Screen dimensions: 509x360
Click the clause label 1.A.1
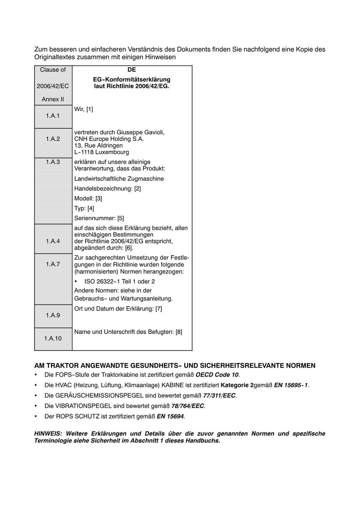pyautogui.click(x=53, y=116)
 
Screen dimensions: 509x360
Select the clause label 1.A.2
pyautogui.click(x=53, y=139)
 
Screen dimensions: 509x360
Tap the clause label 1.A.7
pyautogui.click(x=53, y=264)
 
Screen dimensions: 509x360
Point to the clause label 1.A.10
pyautogui.click(x=53, y=338)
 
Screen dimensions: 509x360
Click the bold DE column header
pyautogui.click(x=131, y=70)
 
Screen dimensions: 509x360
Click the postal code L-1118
pyautogui.click(x=84, y=152)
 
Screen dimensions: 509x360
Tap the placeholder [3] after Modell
pyautogui.click(x=99, y=198)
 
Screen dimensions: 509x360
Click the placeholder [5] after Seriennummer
pyautogui.click(x=121, y=218)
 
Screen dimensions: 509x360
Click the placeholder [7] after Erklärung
pyautogui.click(x=159, y=309)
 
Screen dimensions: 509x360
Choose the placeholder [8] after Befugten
pyautogui.click(x=179, y=332)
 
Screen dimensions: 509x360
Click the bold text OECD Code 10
pyautogui.click(x=217, y=375)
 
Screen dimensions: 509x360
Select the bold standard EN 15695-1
pyautogui.click(x=291, y=385)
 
